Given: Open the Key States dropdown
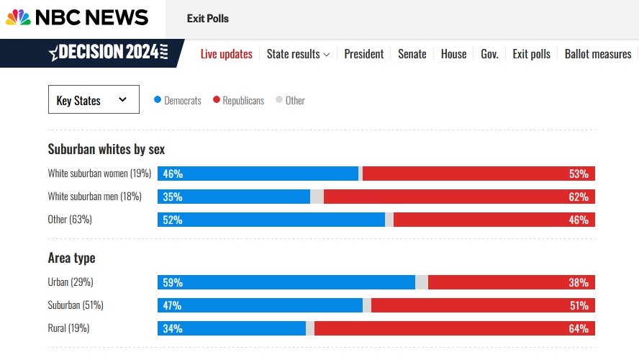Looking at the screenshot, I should click(93, 100).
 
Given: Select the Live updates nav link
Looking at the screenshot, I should click(227, 54).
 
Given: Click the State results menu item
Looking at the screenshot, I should click(298, 54).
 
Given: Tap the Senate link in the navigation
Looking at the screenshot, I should click(412, 54).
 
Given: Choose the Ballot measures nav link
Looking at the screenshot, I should click(598, 54).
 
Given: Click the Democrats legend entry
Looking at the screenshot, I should click(178, 101).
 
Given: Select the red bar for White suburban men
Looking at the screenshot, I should click(459, 197).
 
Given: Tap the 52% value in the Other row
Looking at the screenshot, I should click(173, 220).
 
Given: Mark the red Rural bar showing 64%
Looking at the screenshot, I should click(453, 328).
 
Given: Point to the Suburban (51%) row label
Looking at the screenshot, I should click(76, 305).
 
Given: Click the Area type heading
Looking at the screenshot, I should click(71, 258).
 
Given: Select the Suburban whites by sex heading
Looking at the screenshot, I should click(106, 149).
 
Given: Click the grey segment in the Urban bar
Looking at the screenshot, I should click(422, 282).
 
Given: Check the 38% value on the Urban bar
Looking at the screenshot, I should click(579, 282).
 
